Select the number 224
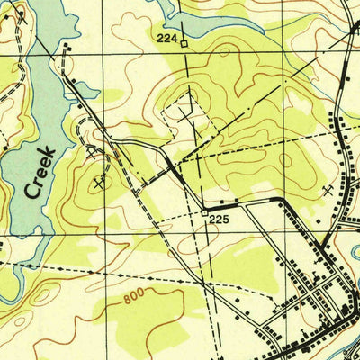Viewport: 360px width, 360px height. [166, 38]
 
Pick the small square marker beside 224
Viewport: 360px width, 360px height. [184, 42]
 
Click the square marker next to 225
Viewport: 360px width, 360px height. [203, 212]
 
